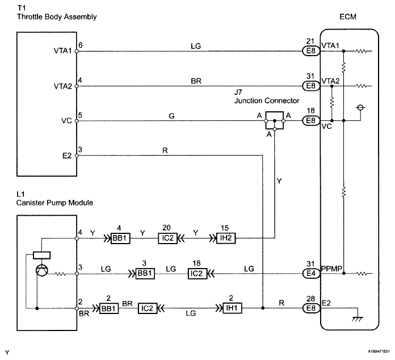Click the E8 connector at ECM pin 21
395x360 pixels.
(x=310, y=51)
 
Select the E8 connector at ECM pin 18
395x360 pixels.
(x=310, y=120)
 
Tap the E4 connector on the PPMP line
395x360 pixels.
(x=310, y=274)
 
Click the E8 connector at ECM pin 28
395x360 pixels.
(x=310, y=309)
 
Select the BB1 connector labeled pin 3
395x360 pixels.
(x=145, y=274)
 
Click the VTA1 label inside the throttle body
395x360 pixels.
(x=63, y=51)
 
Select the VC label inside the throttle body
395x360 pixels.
(x=66, y=120)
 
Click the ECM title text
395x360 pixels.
(x=347, y=17)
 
